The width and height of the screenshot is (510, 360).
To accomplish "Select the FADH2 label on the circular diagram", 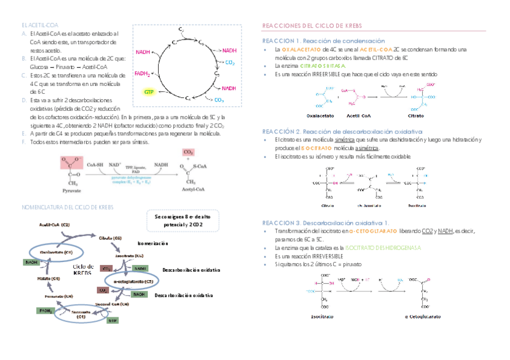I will point(142,74).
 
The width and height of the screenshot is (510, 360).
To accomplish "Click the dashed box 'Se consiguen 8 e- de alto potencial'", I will point(181,220).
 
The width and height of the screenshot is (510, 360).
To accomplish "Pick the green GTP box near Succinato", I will point(112,320).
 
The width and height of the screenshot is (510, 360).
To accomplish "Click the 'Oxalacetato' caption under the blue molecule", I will point(322,115).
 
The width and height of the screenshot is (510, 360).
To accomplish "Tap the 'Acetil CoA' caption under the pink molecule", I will point(358,115).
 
